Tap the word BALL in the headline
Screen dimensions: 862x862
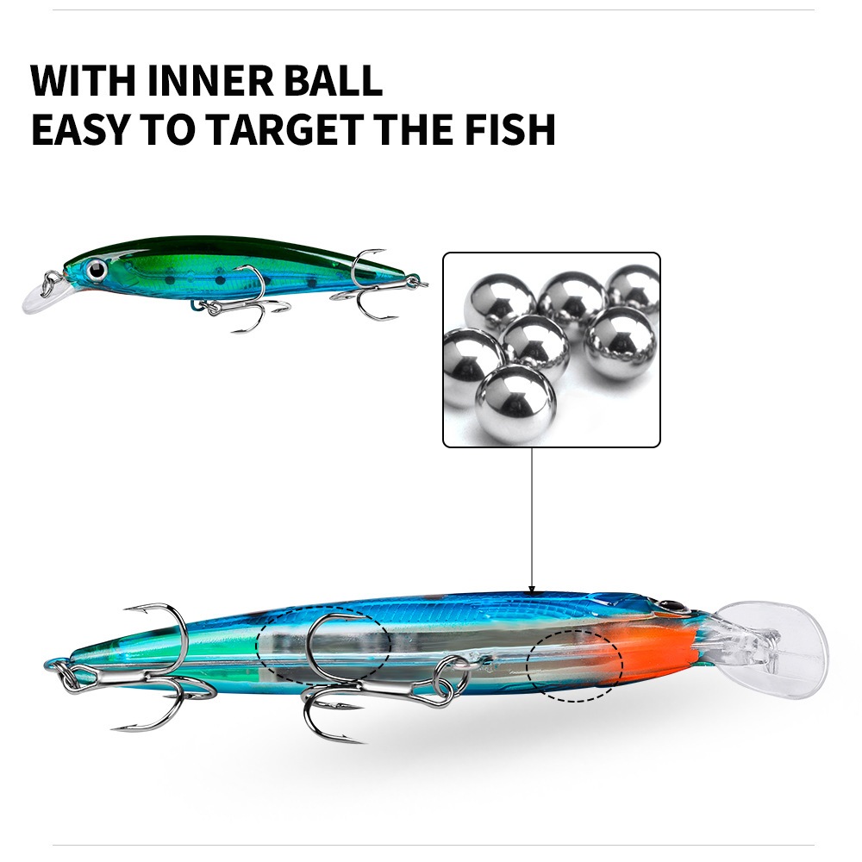(333, 81)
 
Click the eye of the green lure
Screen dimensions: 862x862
(97, 269)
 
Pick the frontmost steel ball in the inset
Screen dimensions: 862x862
(515, 405)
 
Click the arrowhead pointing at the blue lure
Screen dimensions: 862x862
(532, 590)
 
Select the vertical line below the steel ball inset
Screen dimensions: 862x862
(532, 516)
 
